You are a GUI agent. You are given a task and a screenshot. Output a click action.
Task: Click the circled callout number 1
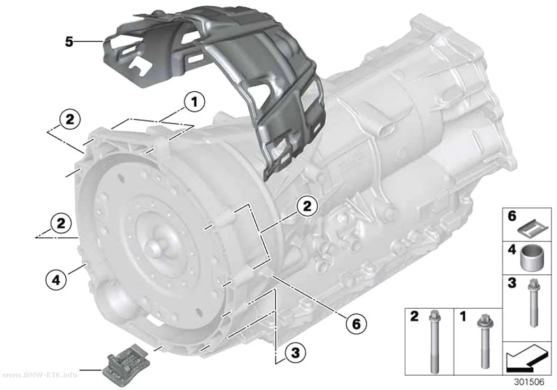pos(194,102)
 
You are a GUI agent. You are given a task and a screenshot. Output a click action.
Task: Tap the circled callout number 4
pos(56,281)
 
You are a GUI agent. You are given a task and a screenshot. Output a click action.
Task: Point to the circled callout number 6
pos(355,323)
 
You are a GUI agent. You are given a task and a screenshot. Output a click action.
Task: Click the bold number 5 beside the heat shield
pos(69,42)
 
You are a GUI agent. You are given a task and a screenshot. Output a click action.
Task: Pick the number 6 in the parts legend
pos(512,216)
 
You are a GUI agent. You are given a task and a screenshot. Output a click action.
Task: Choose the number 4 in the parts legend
pos(512,250)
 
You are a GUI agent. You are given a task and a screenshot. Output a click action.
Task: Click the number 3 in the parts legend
pos(511,283)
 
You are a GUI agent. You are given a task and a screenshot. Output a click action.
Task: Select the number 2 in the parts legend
pos(414,316)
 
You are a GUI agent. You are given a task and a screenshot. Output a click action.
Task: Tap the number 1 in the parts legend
pos(463,316)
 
